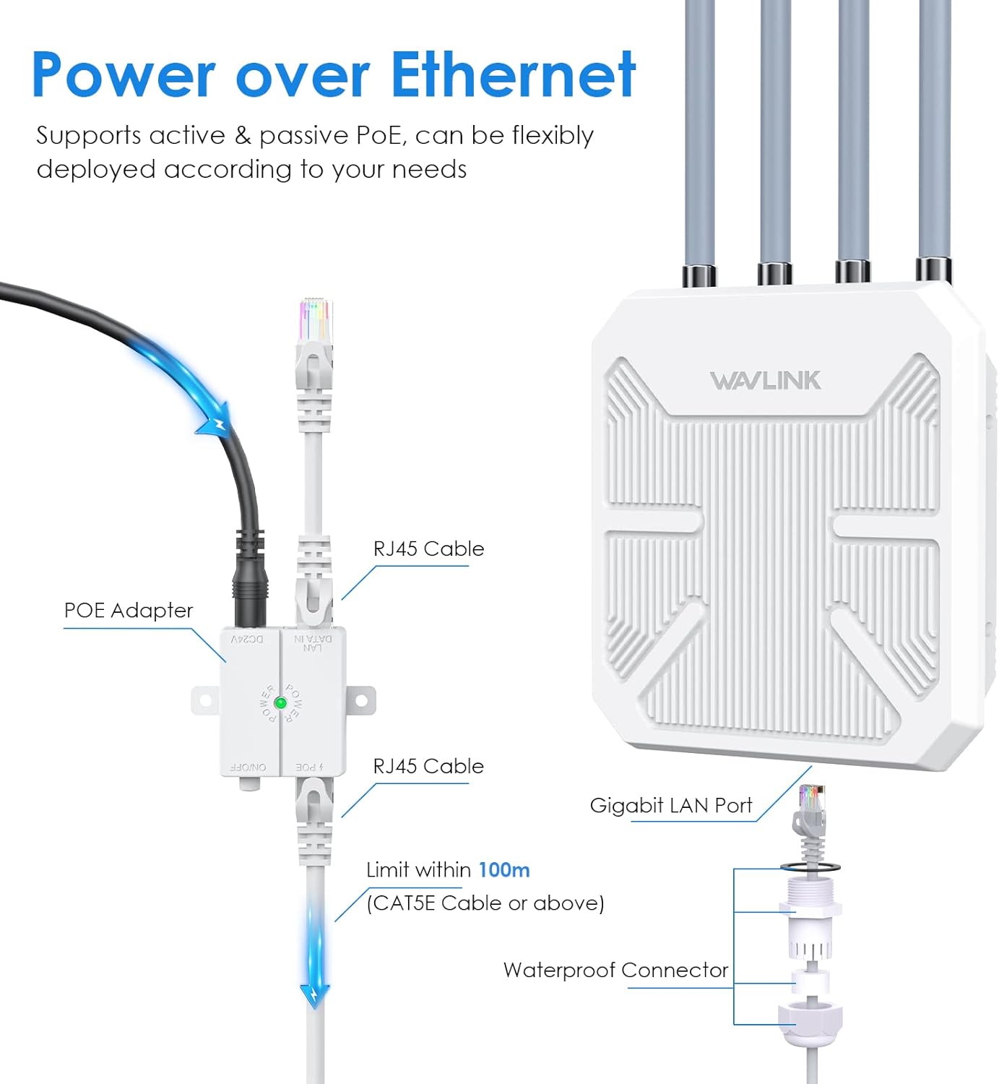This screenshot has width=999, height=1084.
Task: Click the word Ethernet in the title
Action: (513, 74)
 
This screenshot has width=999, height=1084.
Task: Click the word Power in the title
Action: (123, 74)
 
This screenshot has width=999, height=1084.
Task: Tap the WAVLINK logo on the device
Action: (765, 380)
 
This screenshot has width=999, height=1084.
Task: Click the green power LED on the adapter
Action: (281, 702)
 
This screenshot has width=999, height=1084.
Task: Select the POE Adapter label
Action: (129, 611)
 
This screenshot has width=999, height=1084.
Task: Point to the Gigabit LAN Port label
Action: (670, 805)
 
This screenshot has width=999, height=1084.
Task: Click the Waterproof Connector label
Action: (615, 970)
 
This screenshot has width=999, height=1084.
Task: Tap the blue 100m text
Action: (504, 869)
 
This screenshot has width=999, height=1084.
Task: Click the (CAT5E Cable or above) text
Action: (485, 903)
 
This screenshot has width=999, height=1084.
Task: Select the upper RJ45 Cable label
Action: (428, 549)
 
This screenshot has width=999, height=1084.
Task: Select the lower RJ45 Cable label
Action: (428, 766)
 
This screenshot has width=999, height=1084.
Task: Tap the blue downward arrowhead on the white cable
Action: (316, 995)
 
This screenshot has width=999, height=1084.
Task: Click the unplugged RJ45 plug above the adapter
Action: (315, 340)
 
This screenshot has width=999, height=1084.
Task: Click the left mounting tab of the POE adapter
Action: (204, 700)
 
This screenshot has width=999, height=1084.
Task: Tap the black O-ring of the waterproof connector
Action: (810, 866)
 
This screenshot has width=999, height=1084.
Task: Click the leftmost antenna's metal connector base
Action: (699, 275)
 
